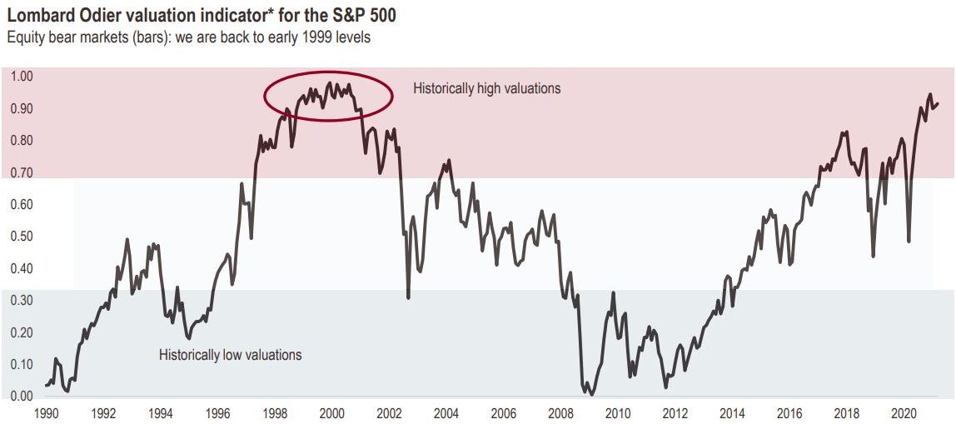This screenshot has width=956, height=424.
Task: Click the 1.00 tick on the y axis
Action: click(22, 77)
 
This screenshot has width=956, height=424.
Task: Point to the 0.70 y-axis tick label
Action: click(22, 172)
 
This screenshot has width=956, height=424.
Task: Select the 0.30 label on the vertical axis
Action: click(22, 301)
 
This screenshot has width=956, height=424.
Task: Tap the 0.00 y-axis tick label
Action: click(22, 397)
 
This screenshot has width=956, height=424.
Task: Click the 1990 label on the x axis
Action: click(46, 413)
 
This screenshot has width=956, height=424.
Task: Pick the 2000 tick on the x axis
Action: click(331, 413)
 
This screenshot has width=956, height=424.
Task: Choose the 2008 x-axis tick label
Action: click(560, 413)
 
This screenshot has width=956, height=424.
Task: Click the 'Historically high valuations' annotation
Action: click(487, 88)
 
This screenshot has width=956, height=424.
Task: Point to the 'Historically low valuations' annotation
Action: click(230, 356)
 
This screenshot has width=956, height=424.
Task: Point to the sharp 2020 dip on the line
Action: click(909, 242)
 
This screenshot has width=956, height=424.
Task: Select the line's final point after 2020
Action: click(938, 104)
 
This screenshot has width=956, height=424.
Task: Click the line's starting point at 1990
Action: click(45, 385)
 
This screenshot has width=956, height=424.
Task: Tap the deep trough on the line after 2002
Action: click(408, 297)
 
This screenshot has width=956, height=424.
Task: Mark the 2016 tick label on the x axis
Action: click(789, 413)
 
